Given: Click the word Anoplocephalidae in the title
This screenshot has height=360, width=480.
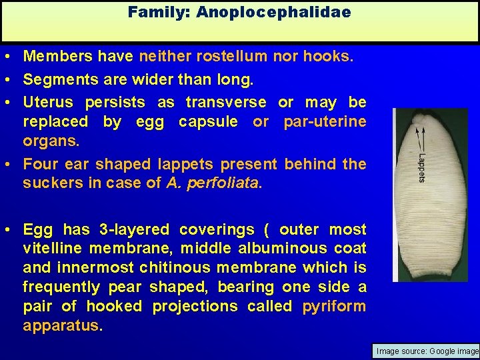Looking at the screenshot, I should click(273, 12).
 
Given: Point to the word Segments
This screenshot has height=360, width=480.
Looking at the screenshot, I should click(56, 80).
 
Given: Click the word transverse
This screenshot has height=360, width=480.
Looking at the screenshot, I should click(225, 103).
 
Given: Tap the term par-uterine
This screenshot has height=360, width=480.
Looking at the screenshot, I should click(325, 122).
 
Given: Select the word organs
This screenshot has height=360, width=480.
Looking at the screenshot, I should click(49, 141).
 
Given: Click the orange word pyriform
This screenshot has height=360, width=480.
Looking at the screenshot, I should click(334, 307).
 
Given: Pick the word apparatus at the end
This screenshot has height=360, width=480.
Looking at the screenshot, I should click(61, 326).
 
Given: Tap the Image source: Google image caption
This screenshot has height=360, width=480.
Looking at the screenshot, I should click(427, 351).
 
